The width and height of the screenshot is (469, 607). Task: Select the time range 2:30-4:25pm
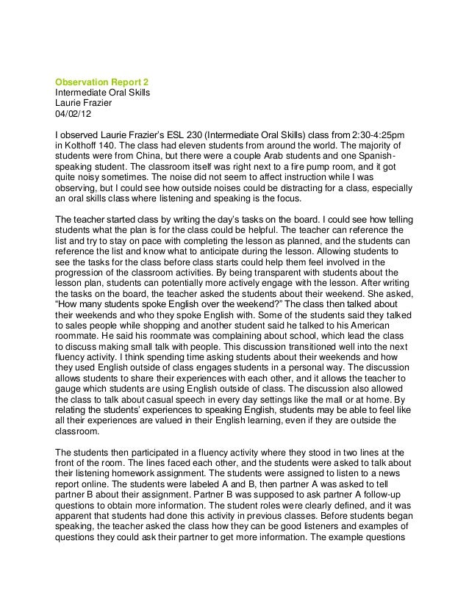click(373, 136)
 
